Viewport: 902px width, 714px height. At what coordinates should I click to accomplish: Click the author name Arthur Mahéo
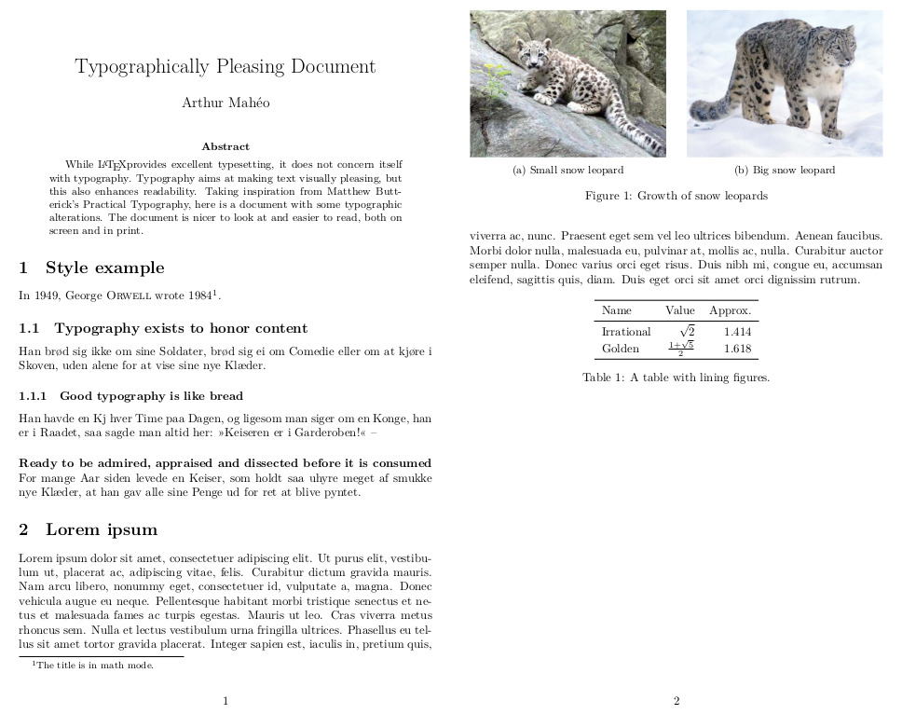[x=225, y=103]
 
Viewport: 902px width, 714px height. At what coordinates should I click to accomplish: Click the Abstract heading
[x=225, y=146]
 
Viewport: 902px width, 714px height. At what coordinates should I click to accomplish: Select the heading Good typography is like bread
[x=130, y=396]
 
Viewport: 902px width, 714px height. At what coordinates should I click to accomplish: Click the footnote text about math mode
[x=93, y=666]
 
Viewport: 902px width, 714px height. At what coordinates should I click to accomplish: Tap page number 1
[x=225, y=701]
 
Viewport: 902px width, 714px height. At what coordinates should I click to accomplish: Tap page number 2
[x=676, y=701]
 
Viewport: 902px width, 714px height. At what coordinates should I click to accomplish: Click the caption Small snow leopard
[x=567, y=171]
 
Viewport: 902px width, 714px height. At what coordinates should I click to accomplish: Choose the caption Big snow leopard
[x=785, y=171]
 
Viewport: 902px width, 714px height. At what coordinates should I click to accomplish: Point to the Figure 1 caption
[x=676, y=197]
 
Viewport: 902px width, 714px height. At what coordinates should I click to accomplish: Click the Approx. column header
[x=730, y=310]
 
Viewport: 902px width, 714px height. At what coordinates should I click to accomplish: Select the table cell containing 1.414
[x=737, y=332]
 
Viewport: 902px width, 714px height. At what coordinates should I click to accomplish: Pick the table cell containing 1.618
[x=737, y=349]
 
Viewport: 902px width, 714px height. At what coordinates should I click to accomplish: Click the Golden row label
[x=621, y=349]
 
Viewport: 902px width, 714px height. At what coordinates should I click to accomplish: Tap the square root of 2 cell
[x=687, y=331]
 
